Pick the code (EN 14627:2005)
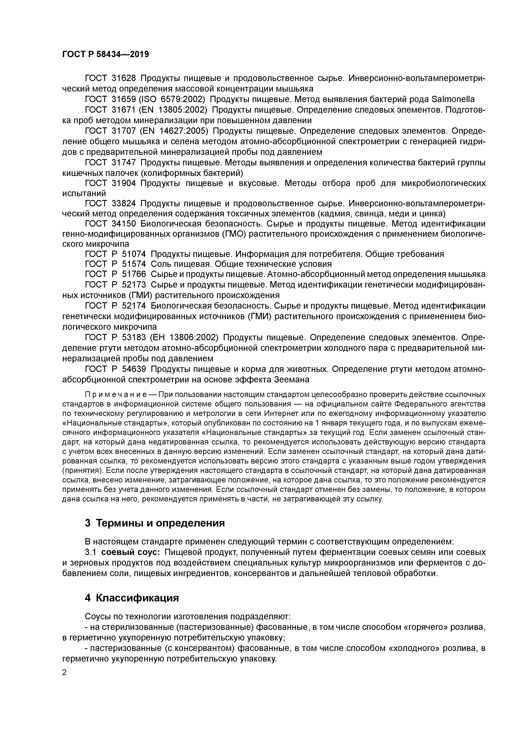click(x=174, y=131)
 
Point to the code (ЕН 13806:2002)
click(x=184, y=338)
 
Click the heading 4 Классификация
click(x=131, y=598)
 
